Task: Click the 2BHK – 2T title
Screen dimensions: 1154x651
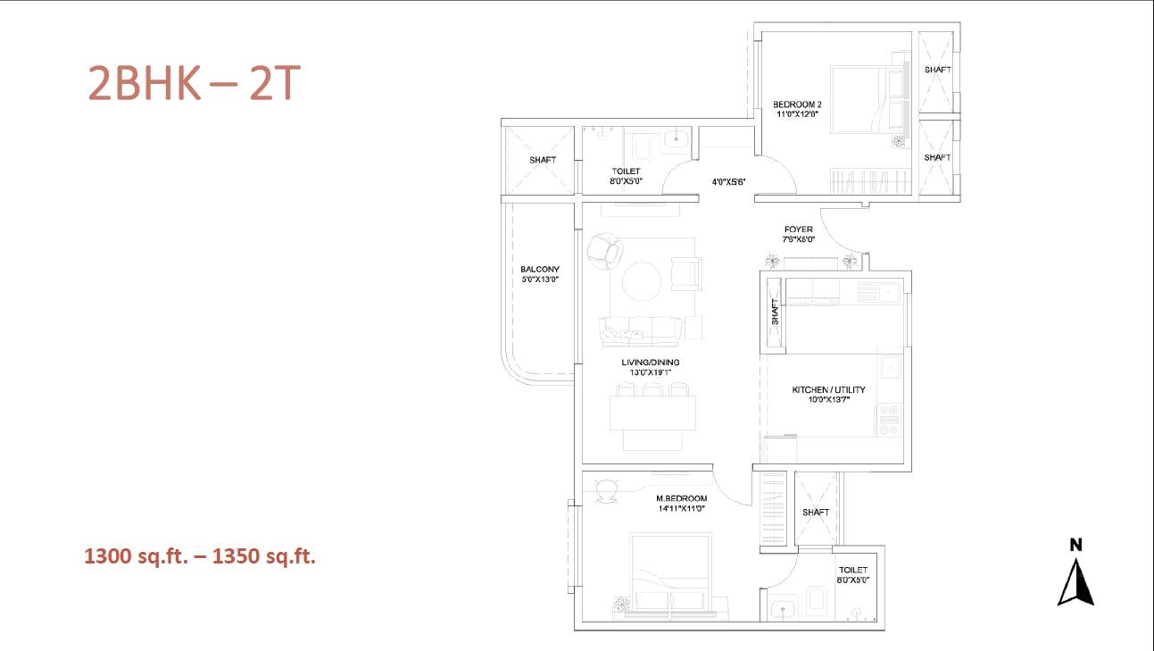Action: pyautogui.click(x=195, y=83)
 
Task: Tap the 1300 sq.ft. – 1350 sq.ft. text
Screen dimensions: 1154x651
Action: pyautogui.click(x=200, y=556)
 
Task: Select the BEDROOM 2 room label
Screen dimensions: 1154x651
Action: pyautogui.click(x=797, y=104)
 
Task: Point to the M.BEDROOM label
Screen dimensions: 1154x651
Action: pyautogui.click(x=681, y=498)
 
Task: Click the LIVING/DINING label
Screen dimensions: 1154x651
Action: pyautogui.click(x=650, y=363)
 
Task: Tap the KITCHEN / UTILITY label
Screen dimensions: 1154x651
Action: pyautogui.click(x=828, y=389)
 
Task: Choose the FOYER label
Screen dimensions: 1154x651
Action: pyautogui.click(x=799, y=230)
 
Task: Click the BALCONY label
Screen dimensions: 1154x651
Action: pyautogui.click(x=539, y=269)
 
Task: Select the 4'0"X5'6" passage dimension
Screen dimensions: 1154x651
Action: pyautogui.click(x=728, y=182)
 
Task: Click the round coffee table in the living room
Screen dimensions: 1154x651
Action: pyautogui.click(x=642, y=281)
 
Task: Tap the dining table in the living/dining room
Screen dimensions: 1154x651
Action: pyautogui.click(x=652, y=413)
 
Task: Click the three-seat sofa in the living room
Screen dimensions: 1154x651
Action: pyautogui.click(x=641, y=331)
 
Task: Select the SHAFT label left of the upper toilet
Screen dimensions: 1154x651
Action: pyautogui.click(x=543, y=160)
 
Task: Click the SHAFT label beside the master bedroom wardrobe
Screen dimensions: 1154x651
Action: pyautogui.click(x=816, y=512)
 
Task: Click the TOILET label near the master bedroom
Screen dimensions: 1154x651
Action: pyautogui.click(x=853, y=570)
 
